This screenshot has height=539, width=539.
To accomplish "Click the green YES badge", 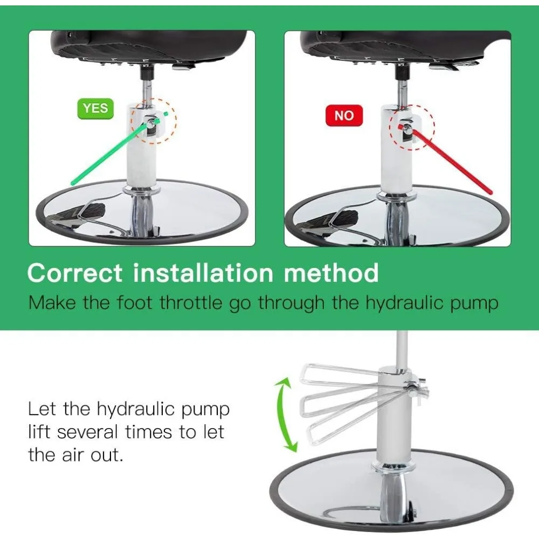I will coord(95,108).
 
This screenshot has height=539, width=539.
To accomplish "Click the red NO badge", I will coord(344,115).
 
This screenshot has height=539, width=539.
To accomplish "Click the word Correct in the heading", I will coord(75,273).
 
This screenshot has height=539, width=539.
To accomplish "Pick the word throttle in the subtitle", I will coord(191,303).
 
